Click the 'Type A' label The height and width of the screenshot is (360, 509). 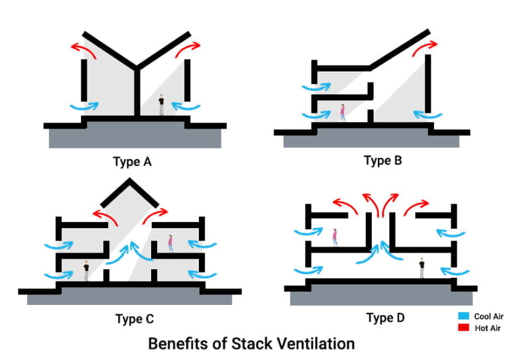coord(135,160)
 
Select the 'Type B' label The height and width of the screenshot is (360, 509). coord(382,160)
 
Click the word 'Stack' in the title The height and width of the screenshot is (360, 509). coord(246,344)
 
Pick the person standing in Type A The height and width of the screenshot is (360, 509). coord(160,105)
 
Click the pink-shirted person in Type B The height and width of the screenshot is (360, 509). coord(343,113)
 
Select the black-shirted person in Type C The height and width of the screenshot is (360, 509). coord(86,271)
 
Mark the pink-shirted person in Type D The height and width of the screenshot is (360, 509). coord(335,236)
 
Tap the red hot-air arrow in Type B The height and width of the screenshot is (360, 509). coord(425,47)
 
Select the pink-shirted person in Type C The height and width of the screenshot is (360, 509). coord(170,243)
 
